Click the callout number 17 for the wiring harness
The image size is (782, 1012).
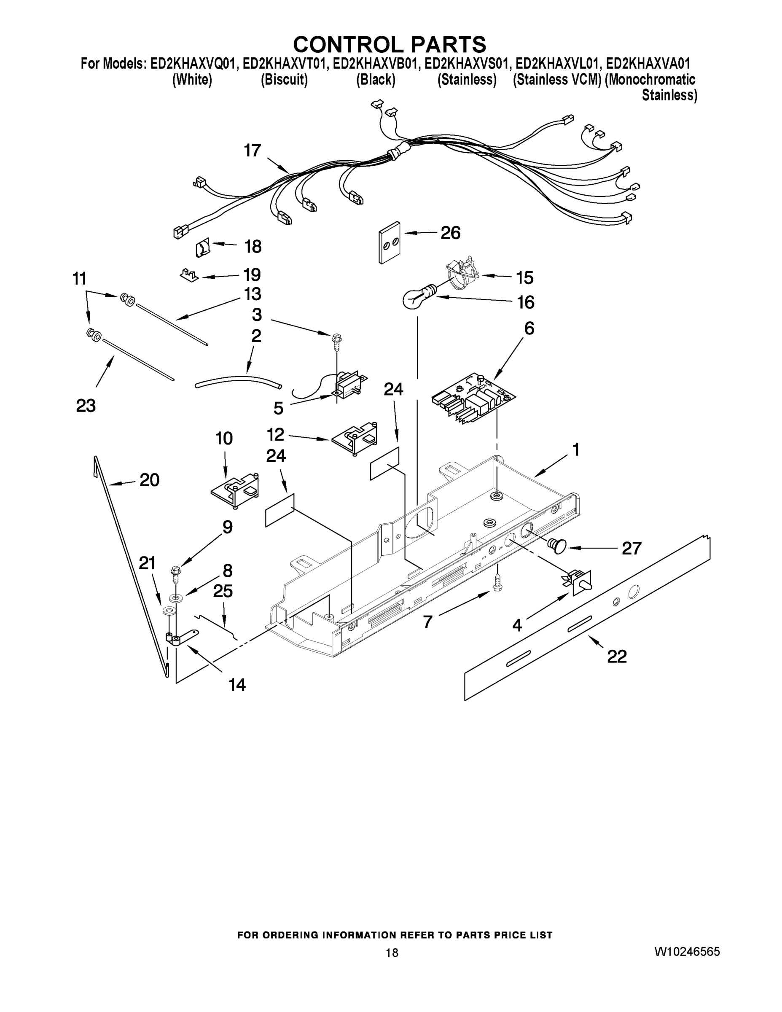tap(253, 151)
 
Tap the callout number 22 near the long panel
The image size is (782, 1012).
tap(617, 656)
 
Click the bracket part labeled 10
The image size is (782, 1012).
tap(235, 491)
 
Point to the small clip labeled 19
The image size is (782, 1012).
tap(188, 275)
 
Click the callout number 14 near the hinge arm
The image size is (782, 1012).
tap(237, 684)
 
